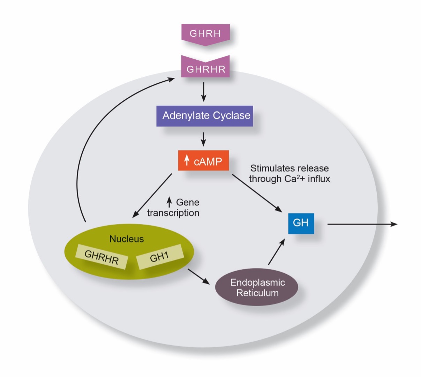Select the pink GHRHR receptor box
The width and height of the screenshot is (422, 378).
pos(205,67)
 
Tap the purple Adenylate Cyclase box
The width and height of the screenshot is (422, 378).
pos(205,116)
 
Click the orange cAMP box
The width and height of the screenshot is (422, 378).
pos(203,160)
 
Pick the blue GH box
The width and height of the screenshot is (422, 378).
pos(301,224)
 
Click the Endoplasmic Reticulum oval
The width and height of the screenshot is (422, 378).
pos(257,287)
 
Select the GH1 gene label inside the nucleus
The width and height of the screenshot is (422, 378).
pos(160,257)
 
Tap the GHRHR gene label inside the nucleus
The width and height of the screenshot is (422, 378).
pos(101,257)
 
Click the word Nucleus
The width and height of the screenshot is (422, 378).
pos(127,239)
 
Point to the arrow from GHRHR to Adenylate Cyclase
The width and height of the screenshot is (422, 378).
pos(203,92)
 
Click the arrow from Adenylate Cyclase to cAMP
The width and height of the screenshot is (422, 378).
pos(203,139)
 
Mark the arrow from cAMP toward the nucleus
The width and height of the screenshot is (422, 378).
pos(152,196)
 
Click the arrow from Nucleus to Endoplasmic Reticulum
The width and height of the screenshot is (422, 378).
pos(199,277)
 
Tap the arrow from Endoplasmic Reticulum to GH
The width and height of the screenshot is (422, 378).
pos(277,251)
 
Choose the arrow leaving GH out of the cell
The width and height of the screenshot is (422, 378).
pos(362,224)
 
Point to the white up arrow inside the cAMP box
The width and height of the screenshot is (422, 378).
pos(187,160)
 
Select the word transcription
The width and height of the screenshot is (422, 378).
pos(173,213)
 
